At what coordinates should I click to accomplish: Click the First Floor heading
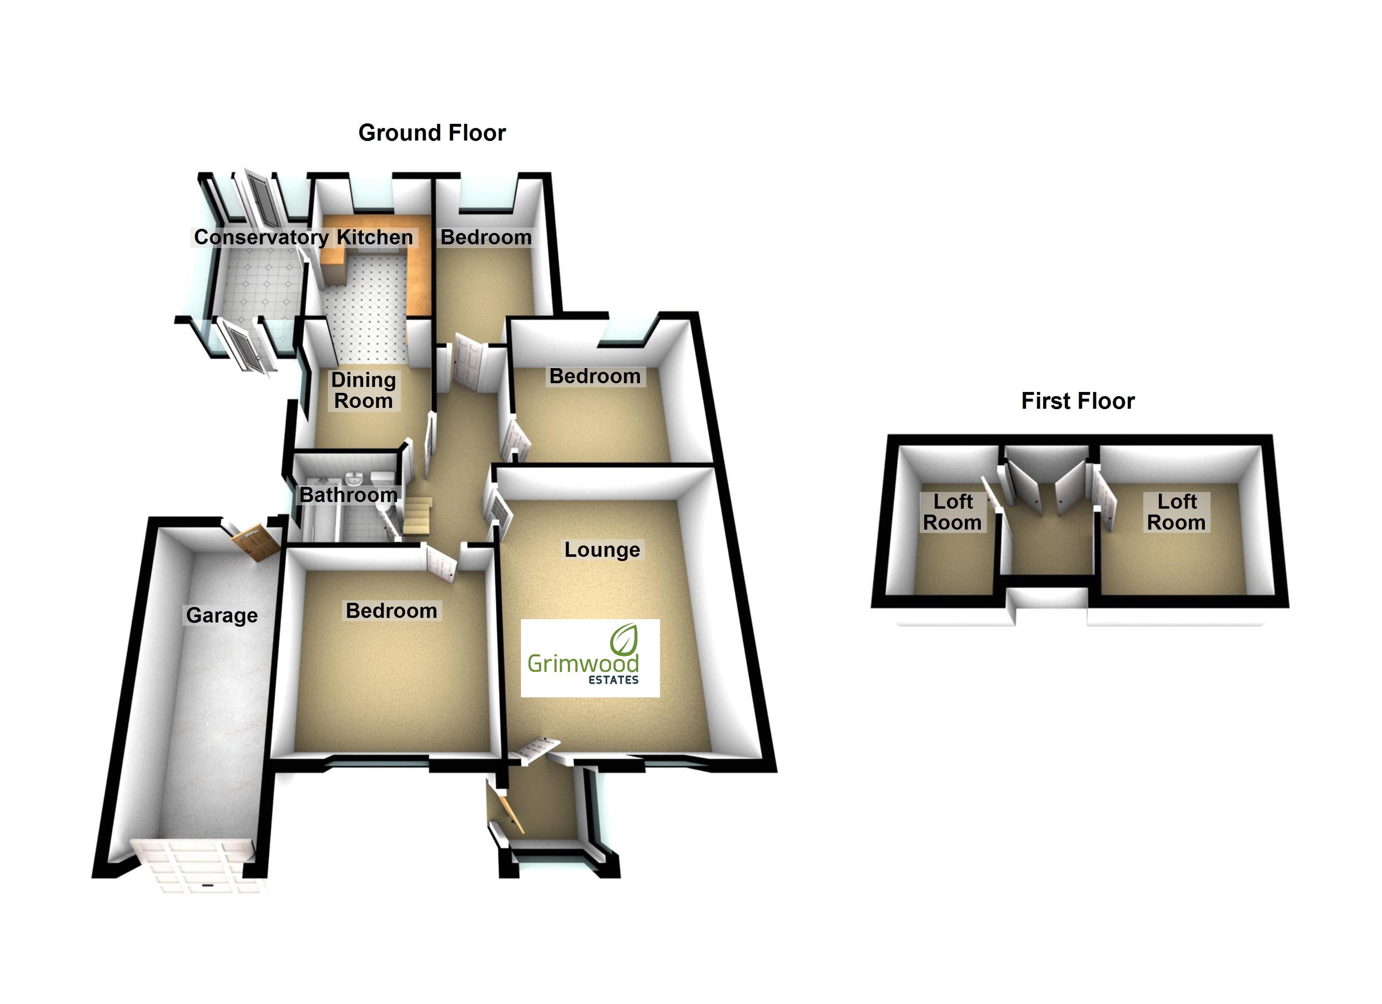(1077, 401)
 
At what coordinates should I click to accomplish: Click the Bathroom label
(348, 495)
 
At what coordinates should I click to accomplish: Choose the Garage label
(222, 615)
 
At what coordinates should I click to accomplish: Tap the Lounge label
(602, 550)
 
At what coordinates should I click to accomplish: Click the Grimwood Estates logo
(590, 658)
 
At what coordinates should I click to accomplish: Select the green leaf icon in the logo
(624, 640)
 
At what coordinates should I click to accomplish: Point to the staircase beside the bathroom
(418, 516)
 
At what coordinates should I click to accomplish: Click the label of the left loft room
(952, 512)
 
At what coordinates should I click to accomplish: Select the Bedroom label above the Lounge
(595, 376)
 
